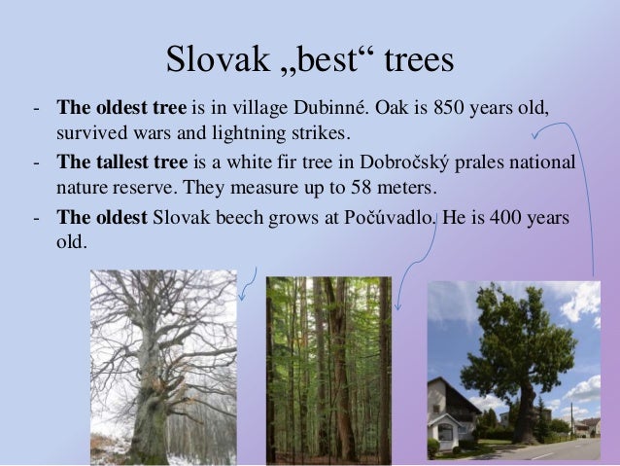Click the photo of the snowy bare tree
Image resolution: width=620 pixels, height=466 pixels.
[162, 367]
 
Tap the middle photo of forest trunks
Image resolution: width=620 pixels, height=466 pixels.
[328, 370]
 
